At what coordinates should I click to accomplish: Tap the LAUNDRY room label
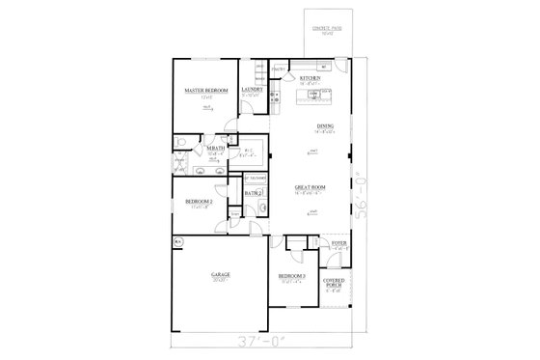253,89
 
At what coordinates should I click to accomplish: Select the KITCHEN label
310,78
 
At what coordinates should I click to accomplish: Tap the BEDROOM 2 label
199,201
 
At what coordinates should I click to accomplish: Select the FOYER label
338,242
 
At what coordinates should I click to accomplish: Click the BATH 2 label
254,194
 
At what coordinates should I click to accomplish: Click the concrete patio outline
331,34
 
